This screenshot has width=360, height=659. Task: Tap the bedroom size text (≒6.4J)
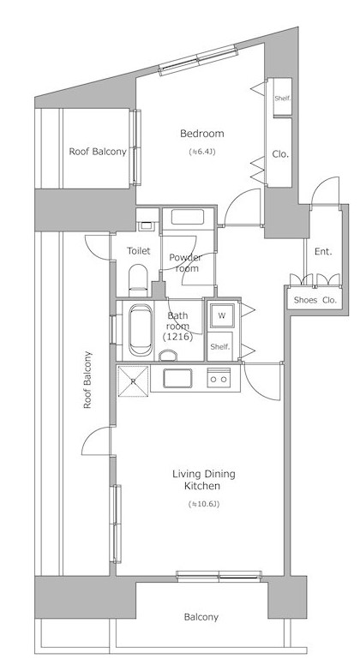tap(202, 152)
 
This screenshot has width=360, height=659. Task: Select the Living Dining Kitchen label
tap(204, 480)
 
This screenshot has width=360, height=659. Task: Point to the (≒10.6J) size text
tap(204, 504)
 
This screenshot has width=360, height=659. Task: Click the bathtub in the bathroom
tap(141, 330)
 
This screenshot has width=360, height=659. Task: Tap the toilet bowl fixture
tap(138, 279)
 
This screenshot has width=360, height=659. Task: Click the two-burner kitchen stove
tap(219, 377)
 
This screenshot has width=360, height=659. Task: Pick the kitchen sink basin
tap(177, 378)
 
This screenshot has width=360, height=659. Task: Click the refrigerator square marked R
tap(133, 381)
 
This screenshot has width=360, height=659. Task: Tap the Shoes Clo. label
tap(315, 300)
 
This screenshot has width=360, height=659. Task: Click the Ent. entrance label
tap(323, 252)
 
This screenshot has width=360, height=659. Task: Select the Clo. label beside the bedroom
tap(280, 154)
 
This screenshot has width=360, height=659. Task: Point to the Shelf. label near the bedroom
tap(283, 99)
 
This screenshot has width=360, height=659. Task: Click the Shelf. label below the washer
tap(220, 347)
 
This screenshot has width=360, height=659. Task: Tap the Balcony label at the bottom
tap(201, 617)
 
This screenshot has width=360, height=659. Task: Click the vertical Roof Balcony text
tap(87, 380)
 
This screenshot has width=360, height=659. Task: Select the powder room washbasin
tap(188, 218)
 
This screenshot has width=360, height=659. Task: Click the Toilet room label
tap(139, 251)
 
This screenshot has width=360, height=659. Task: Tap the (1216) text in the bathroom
tap(177, 336)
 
